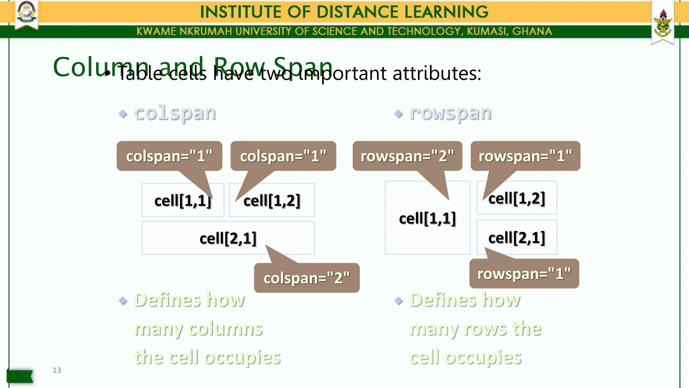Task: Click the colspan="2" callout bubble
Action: pyautogui.click(x=306, y=278)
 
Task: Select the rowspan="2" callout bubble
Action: pyautogui.click(x=407, y=156)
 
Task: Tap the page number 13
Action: pyautogui.click(x=57, y=370)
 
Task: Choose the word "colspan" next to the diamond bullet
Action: pyautogui.click(x=175, y=113)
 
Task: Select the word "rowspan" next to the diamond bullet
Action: pyautogui.click(x=450, y=113)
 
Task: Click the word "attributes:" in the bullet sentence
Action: pyautogui.click(x=437, y=73)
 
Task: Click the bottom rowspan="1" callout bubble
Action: pyautogui.click(x=524, y=273)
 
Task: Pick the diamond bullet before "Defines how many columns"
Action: pyautogui.click(x=123, y=300)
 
